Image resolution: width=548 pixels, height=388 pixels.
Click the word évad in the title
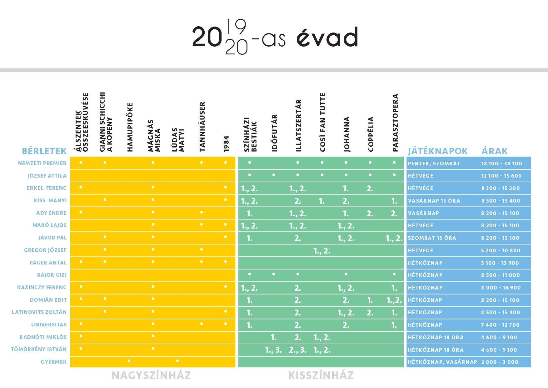tap(327, 38)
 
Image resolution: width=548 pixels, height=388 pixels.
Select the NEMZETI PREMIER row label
tap(42, 163)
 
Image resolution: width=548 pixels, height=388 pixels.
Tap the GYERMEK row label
tap(54, 362)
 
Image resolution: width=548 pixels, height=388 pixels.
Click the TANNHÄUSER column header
tap(202, 127)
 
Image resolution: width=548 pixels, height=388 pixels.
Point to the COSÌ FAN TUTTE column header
tap(322, 122)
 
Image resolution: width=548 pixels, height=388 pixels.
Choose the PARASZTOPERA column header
tap(395, 123)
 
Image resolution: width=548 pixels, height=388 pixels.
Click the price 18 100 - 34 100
tap(501, 164)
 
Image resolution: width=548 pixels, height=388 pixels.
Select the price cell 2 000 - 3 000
tap(500, 362)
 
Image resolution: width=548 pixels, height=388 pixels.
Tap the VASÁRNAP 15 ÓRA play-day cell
tap(434, 201)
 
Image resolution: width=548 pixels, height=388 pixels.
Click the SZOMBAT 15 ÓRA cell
tap(432, 238)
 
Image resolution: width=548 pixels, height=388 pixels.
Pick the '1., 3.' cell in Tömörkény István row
tap(273, 350)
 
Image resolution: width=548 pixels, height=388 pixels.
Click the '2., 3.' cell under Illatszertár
tap(297, 350)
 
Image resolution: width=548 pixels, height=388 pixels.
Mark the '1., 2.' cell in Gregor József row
tap(322, 250)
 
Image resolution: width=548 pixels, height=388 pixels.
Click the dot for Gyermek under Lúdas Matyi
tap(177, 361)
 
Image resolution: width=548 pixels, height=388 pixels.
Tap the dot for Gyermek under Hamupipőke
tap(129, 361)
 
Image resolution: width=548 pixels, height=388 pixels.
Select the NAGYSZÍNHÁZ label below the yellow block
tap(151, 375)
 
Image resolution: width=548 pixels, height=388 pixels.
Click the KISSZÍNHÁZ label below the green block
tap(321, 375)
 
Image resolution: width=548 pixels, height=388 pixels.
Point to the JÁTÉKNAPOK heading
tap(438, 151)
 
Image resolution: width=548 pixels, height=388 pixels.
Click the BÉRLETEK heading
tap(44, 151)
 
